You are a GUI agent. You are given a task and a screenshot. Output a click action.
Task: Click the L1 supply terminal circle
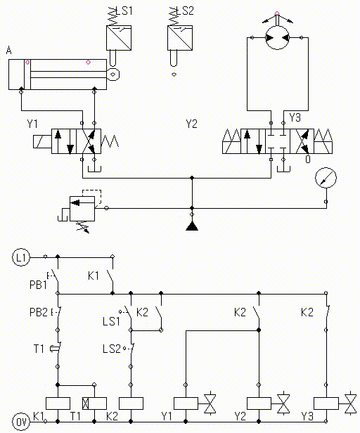point(21,257)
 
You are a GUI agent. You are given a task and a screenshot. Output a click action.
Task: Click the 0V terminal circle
point(21,422)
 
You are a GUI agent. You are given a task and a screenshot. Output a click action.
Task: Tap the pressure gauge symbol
point(326,178)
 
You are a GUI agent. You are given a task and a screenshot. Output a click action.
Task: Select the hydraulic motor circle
point(277,37)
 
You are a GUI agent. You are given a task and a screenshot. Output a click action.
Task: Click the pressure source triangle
point(192,226)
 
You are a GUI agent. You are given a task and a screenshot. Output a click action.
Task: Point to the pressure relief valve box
point(82,209)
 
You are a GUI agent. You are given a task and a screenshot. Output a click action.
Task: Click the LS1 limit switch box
point(119,38)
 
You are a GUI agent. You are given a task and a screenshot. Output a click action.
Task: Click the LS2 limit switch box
point(180,38)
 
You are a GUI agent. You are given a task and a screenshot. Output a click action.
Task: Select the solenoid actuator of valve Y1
point(42,141)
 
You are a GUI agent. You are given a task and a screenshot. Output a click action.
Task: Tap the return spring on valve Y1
point(110,141)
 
